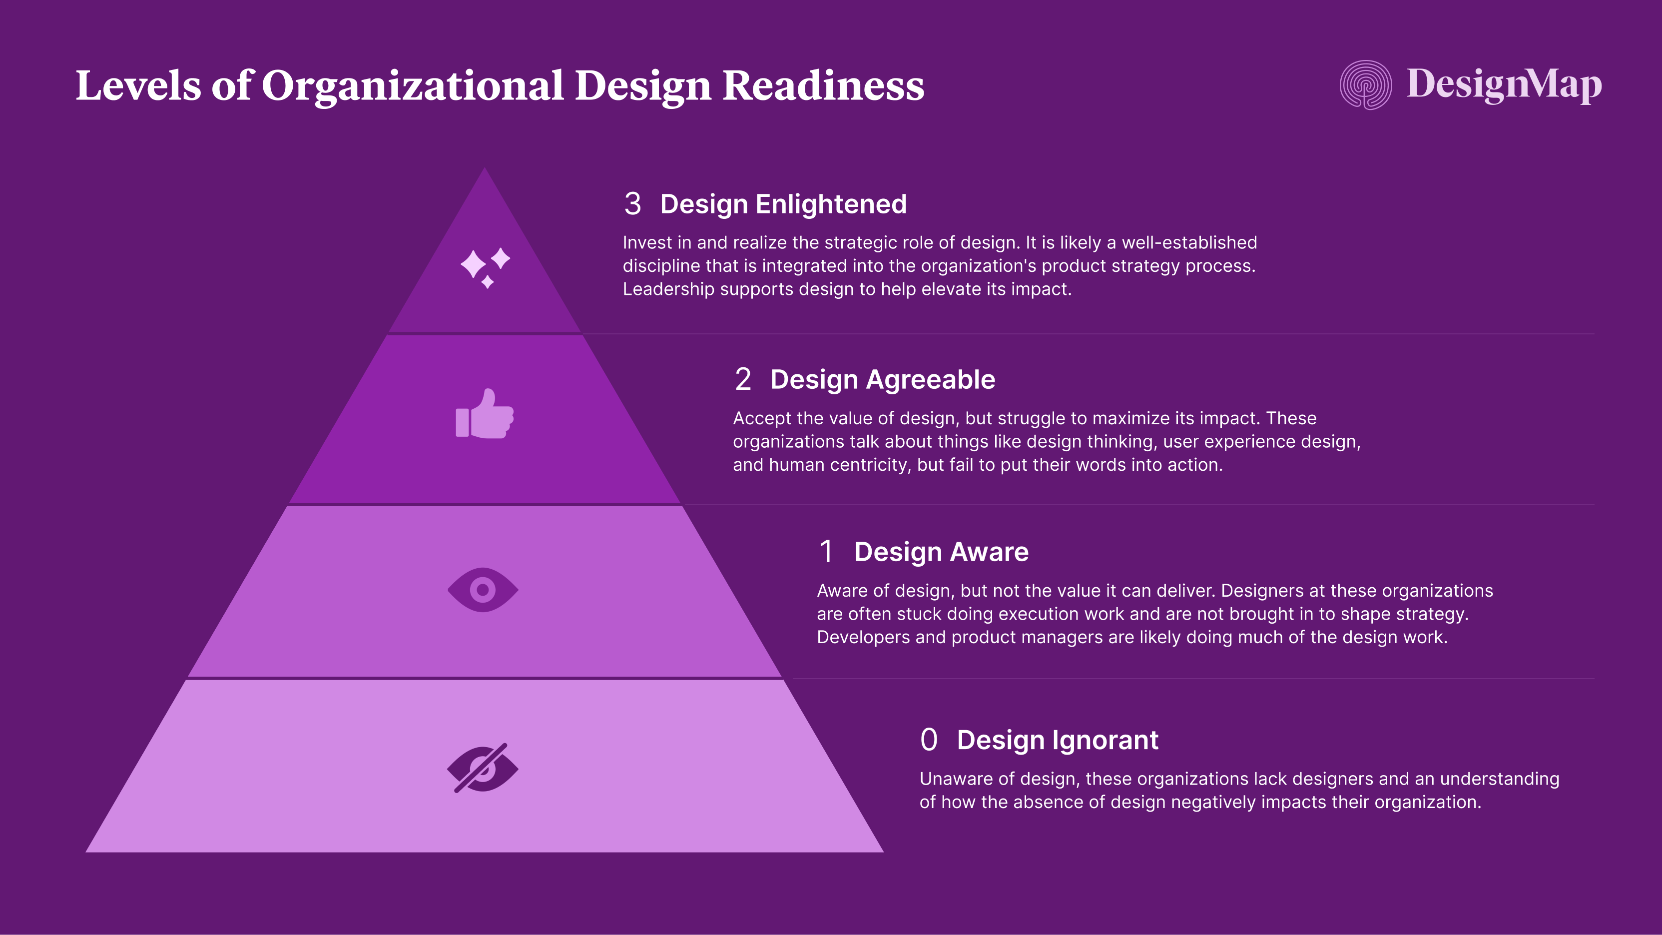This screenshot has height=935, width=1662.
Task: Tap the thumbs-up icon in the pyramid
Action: tap(485, 414)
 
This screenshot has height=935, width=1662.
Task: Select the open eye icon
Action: tap(483, 590)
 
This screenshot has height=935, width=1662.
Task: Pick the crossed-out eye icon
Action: tap(483, 768)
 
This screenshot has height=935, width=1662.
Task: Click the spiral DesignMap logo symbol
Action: tap(1365, 84)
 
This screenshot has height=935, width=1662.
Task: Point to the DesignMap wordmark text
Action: tap(1504, 84)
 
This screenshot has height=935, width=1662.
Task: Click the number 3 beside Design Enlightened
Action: tap(632, 204)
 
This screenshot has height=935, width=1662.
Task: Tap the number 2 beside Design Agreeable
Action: tap(743, 379)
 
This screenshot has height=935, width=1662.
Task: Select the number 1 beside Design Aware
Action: tap(826, 552)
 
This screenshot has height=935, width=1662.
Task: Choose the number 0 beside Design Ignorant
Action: tap(929, 740)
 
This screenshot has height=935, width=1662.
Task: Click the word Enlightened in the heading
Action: tap(831, 204)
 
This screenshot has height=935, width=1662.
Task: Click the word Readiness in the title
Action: tap(823, 86)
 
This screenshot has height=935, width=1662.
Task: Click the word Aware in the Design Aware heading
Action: tap(989, 552)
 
